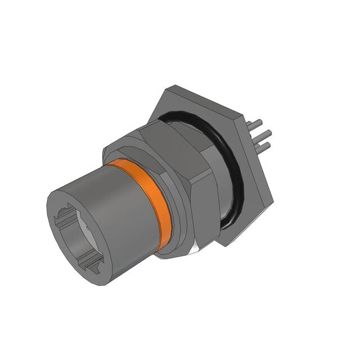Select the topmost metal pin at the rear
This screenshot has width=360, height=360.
tap(258, 124)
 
